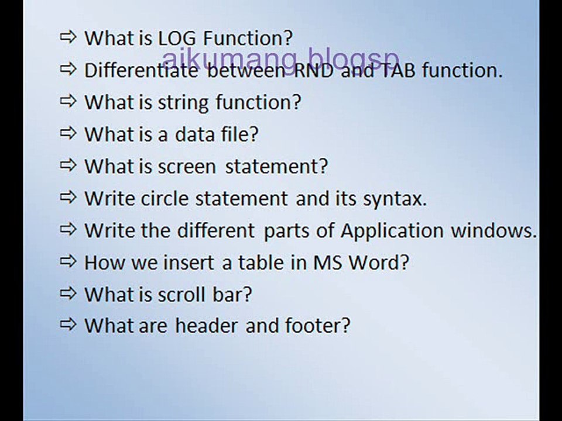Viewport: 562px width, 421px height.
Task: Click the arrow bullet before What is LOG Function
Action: (x=68, y=38)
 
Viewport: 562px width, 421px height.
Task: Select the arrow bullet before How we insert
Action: (x=68, y=261)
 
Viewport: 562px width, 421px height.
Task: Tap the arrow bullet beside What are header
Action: (x=68, y=325)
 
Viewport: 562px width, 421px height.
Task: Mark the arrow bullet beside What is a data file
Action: (x=68, y=134)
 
